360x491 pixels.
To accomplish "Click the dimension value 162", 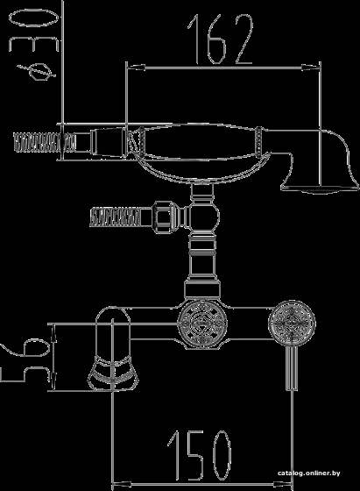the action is coord(221,39).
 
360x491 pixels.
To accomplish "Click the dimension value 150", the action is coord(199,455).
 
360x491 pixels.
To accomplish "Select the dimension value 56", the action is coord(25,361).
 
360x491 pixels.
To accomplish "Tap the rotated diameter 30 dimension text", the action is coord(34,31).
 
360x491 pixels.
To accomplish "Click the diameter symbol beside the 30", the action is coord(38,72).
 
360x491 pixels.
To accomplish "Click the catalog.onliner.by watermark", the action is coord(308,473).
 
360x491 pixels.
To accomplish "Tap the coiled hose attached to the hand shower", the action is coord(45,142).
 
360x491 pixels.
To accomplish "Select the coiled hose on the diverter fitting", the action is coord(115,217).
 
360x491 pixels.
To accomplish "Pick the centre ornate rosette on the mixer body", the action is coord(202,324).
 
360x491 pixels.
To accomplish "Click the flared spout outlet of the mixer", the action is coord(113,374).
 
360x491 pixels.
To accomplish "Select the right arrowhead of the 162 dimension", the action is coord(311,67).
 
